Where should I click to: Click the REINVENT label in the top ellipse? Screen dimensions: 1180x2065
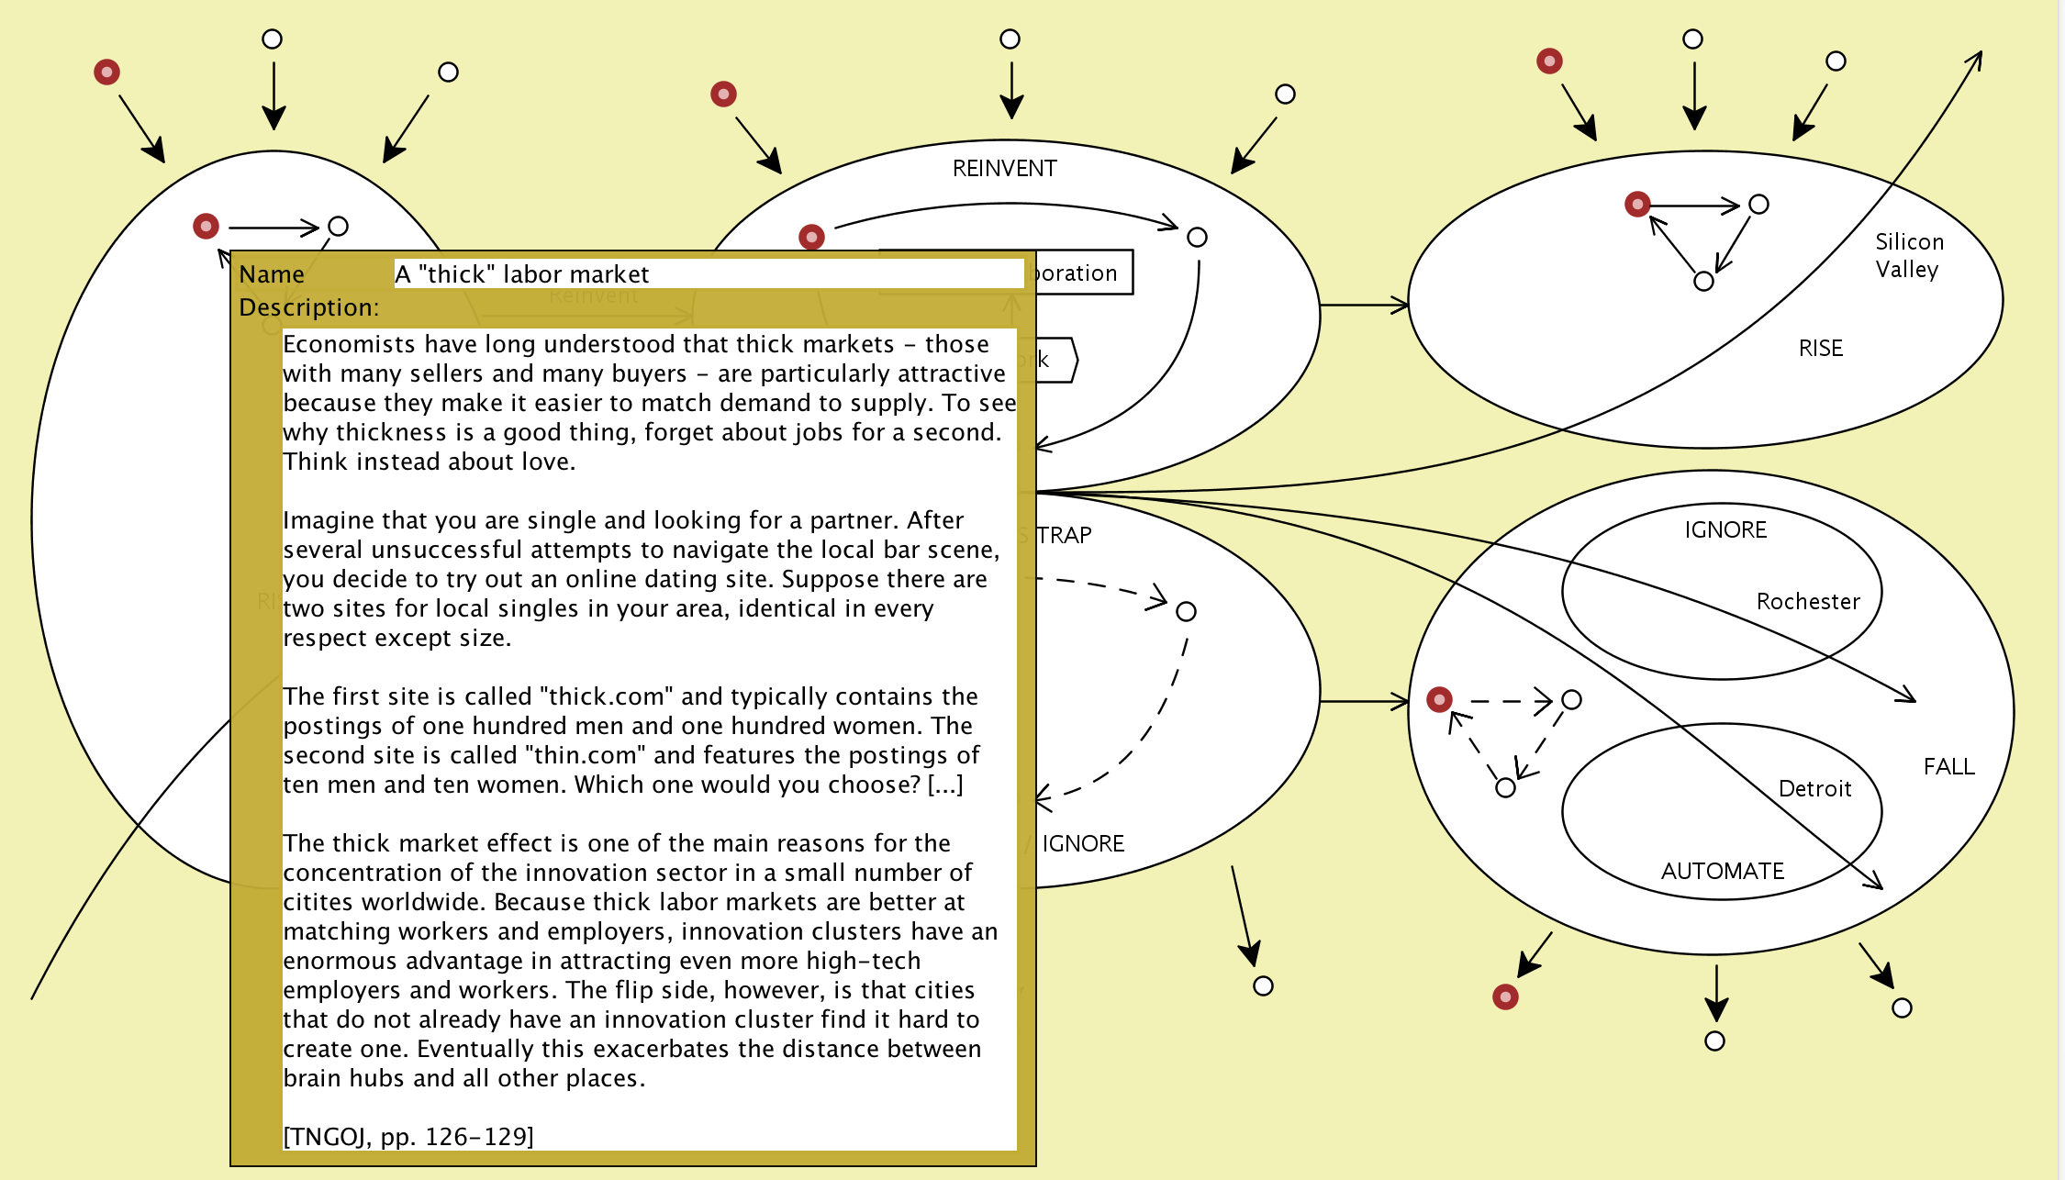(x=1004, y=169)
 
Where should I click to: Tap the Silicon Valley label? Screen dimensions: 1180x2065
(x=1909, y=255)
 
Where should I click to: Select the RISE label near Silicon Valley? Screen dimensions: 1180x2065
(x=1820, y=349)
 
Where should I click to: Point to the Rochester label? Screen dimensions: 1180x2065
(x=1807, y=602)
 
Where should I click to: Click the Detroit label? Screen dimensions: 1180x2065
(x=1814, y=789)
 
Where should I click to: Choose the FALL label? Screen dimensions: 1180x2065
(x=1948, y=767)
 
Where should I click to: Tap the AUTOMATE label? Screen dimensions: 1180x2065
(x=1722, y=872)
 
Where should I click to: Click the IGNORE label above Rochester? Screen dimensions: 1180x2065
(x=1725, y=530)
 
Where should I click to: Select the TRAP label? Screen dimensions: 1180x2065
(x=1064, y=536)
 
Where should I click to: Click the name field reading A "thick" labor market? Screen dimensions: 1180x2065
(x=707, y=274)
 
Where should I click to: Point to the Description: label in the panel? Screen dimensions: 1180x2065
(x=308, y=307)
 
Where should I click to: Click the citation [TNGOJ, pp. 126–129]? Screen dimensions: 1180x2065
(x=407, y=1137)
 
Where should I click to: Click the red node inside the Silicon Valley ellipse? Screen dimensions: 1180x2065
(x=1637, y=204)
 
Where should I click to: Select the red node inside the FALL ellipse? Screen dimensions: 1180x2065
(x=1439, y=700)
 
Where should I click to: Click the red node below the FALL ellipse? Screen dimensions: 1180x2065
(x=1505, y=996)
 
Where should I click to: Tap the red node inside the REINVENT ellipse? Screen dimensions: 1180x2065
(x=811, y=238)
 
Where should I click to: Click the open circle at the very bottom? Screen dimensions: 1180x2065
(x=1714, y=1041)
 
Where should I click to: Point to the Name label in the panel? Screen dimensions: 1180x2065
(x=272, y=274)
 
